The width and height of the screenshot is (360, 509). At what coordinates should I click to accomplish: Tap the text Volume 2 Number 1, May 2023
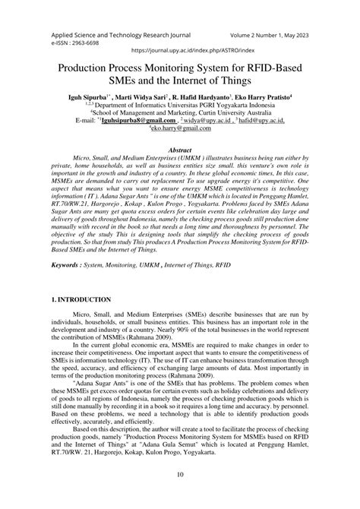pos(262,35)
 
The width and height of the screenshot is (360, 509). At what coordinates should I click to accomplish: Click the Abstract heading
pos(180,150)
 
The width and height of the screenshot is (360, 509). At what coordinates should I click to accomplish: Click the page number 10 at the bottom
pos(180,495)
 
